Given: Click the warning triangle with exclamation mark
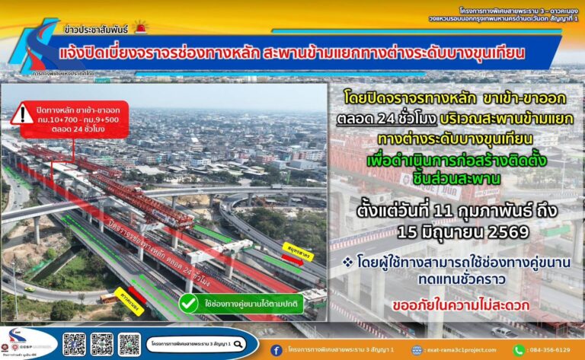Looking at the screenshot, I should click(x=22, y=114).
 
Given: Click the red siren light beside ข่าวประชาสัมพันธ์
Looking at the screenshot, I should click(x=140, y=28).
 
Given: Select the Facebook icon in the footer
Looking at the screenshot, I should click(x=276, y=350).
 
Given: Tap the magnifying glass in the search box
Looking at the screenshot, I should click(x=153, y=343).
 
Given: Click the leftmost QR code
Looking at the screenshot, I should click(x=74, y=344).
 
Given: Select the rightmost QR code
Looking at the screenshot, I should click(x=129, y=344).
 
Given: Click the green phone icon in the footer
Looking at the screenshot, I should click(x=519, y=350).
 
